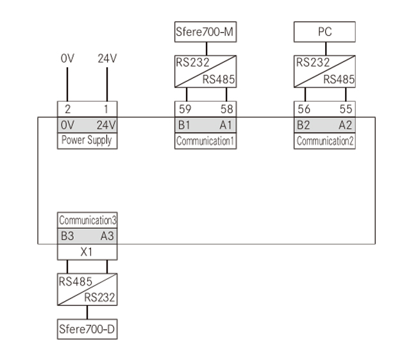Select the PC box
click(x=324, y=31)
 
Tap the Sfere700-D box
click(x=87, y=330)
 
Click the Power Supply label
click(x=87, y=140)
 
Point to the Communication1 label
click(x=205, y=141)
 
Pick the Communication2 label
click(x=324, y=141)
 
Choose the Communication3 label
click(x=87, y=220)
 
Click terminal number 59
click(x=185, y=110)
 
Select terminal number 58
click(x=226, y=110)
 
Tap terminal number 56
click(x=304, y=110)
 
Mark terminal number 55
click(x=346, y=110)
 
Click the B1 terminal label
click(x=185, y=125)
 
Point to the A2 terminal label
click(x=346, y=125)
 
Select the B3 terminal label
click(x=67, y=236)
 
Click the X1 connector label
click(x=87, y=252)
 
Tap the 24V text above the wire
click(x=107, y=58)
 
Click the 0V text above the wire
click(x=68, y=58)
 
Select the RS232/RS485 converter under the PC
click(x=324, y=71)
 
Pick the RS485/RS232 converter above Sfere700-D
click(x=87, y=290)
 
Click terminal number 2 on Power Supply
click(x=68, y=110)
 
